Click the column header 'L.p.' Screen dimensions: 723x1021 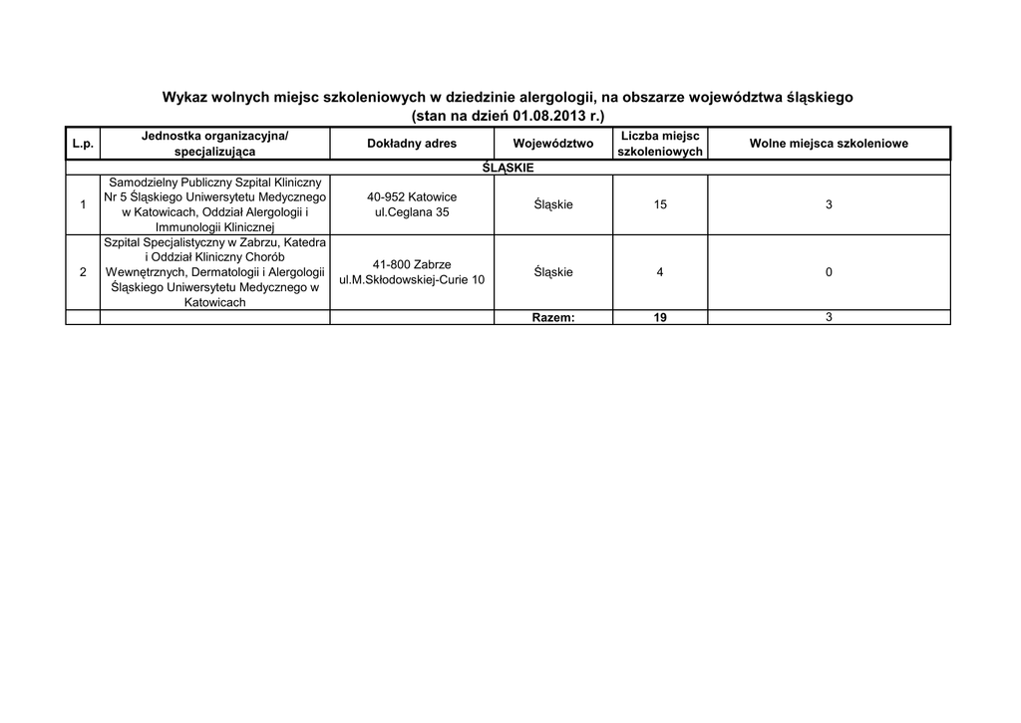83,144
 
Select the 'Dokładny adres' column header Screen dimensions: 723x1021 412,144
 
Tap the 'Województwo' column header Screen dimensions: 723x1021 553,144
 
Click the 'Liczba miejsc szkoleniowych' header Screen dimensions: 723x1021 660,144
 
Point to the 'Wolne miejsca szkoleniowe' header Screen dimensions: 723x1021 829,144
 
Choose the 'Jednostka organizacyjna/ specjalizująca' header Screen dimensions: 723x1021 214,144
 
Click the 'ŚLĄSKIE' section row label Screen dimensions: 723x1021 508,168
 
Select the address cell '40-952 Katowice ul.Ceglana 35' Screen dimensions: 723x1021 412,204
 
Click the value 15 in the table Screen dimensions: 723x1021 660,204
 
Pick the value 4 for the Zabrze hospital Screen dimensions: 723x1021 660,272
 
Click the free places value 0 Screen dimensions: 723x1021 829,272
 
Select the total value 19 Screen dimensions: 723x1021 660,317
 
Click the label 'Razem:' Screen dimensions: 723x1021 553,317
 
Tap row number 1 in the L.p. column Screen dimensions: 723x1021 83,204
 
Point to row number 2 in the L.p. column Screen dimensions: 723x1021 83,272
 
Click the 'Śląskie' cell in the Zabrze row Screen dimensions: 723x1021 553,272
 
